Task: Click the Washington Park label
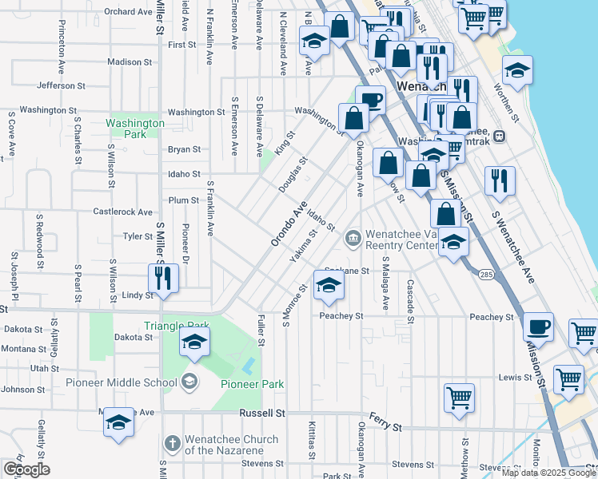tap(134, 129)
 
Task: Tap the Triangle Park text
tap(177, 326)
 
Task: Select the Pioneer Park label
tap(253, 384)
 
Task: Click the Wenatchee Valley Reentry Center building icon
tap(353, 239)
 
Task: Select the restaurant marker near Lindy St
tap(162, 279)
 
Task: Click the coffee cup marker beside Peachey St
tap(538, 327)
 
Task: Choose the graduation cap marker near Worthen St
tap(517, 72)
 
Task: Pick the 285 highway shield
tap(487, 275)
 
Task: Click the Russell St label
tap(262, 414)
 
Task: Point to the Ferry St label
tap(387, 423)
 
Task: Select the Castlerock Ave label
tap(122, 212)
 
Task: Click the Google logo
tap(26, 469)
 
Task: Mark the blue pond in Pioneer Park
tap(249, 366)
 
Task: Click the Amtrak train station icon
tap(499, 136)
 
